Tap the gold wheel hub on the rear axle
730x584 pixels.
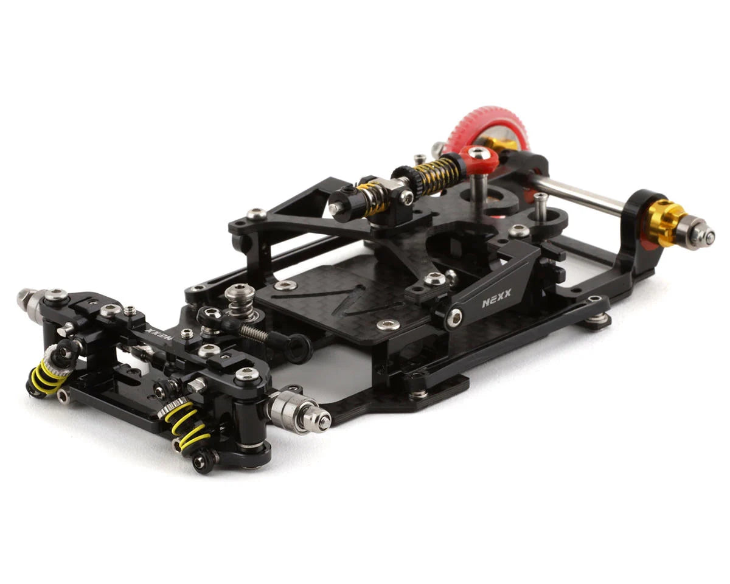click(665, 223)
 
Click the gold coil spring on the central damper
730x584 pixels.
click(437, 168)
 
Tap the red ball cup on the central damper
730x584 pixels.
click(479, 158)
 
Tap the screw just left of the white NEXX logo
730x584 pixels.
click(454, 316)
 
